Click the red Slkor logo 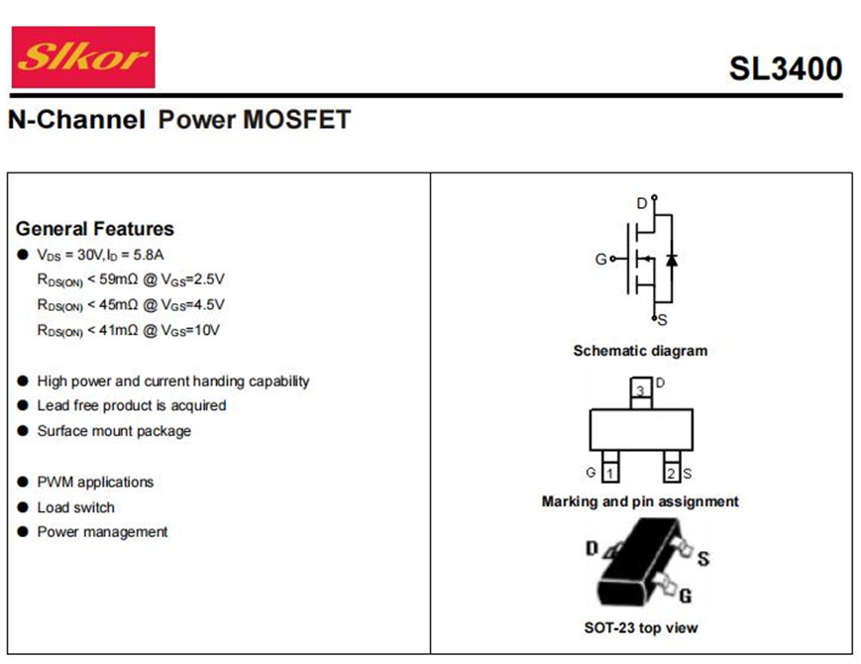click(83, 56)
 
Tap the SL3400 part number click(785, 68)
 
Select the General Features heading click(95, 229)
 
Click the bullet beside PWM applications click(23, 483)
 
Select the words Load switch click(76, 507)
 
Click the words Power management click(102, 532)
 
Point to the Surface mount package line click(114, 431)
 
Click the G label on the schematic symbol click(600, 260)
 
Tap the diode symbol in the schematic click(672, 260)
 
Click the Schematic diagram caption click(640, 351)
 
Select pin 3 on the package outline click(640, 391)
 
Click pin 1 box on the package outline click(610, 473)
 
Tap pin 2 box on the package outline click(671, 473)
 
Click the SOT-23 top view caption click(640, 627)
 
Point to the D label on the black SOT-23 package click(592, 548)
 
